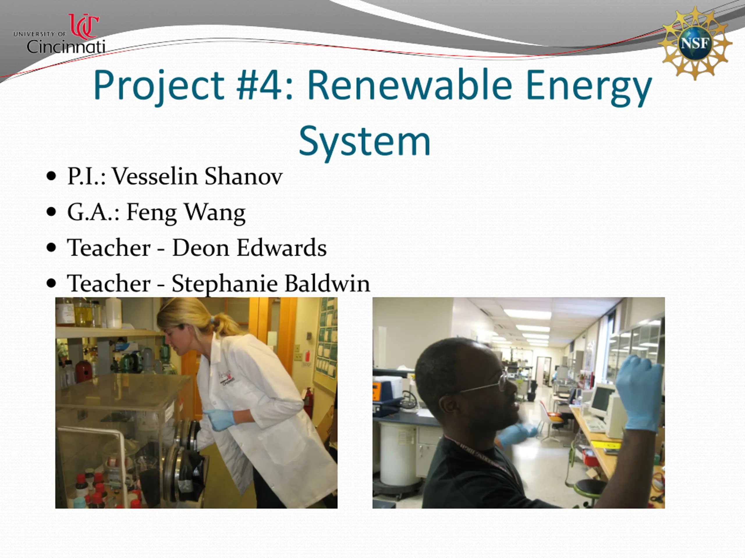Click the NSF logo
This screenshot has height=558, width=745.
(695, 43)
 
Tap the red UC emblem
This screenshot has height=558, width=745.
(84, 26)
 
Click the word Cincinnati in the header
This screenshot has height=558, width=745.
(66, 47)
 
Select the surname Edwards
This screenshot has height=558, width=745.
(282, 248)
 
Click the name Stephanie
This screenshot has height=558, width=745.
(225, 284)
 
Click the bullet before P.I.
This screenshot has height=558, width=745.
(51, 176)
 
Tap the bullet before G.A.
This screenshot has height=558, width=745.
(51, 212)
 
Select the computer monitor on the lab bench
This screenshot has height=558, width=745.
(602, 400)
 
